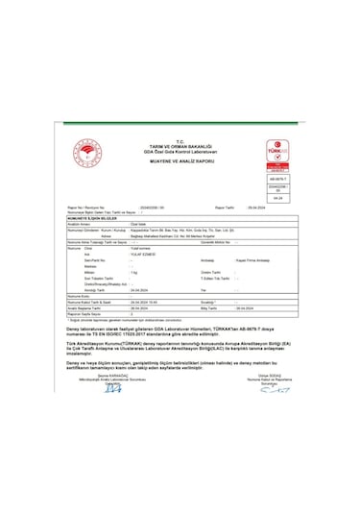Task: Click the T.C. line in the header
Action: (x=180, y=138)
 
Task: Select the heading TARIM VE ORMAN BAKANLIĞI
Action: (x=180, y=144)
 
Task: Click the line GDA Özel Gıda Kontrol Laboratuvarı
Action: (x=180, y=151)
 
